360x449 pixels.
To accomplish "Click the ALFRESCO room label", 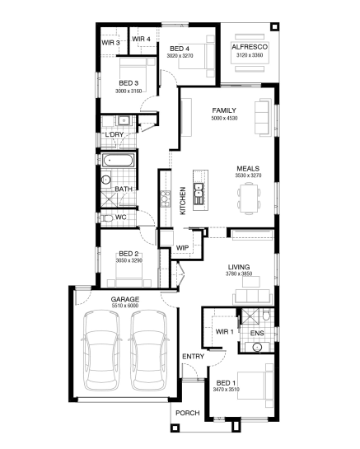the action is [250, 47].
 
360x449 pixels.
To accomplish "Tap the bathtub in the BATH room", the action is [119, 161].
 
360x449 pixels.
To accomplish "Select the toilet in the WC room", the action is [107, 218].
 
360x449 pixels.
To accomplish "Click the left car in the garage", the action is [101, 350].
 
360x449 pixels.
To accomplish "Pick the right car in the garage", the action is [148, 350].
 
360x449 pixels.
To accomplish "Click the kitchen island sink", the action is [199, 194].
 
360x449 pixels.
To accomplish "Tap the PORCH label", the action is [188, 413].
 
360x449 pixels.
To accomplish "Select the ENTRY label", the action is [194, 357].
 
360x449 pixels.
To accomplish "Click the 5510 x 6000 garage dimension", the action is [125, 306].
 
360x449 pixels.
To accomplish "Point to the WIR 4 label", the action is [141, 39].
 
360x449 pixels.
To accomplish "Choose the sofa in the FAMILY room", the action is [263, 116].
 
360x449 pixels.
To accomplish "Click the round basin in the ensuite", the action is [258, 348].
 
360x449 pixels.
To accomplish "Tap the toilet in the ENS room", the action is [266, 315].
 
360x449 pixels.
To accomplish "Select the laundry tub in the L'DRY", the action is [124, 120].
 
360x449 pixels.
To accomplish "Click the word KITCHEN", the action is [183, 201].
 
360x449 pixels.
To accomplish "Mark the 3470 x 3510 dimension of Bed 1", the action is [227, 390].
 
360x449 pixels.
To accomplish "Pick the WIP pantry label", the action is [182, 248].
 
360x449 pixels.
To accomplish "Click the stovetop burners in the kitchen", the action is [166, 199].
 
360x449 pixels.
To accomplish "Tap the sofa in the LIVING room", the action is [252, 296].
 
